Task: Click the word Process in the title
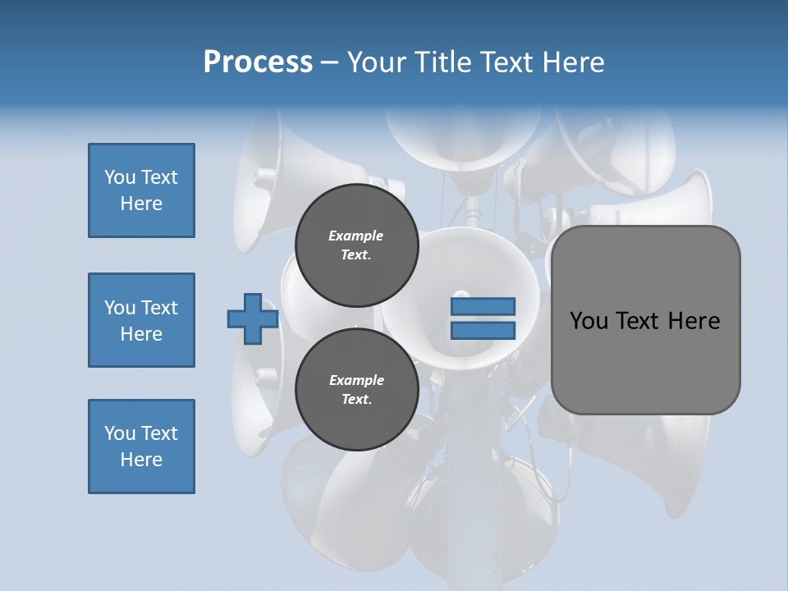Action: tap(258, 62)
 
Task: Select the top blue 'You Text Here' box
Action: tap(141, 190)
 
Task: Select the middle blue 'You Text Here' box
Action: tap(141, 320)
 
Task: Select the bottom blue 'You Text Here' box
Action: tap(141, 447)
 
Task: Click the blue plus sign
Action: tap(253, 318)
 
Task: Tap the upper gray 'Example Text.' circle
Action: tap(356, 245)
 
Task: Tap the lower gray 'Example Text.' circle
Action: tap(356, 390)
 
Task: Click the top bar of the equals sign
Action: tap(483, 306)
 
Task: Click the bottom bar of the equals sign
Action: tap(483, 330)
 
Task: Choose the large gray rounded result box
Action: tap(645, 361)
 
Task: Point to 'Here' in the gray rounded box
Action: tap(694, 320)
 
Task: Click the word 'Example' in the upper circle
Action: tap(356, 236)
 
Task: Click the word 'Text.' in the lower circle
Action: tap(356, 400)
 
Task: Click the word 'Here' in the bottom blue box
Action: tap(141, 460)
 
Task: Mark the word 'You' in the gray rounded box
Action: tap(588, 320)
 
